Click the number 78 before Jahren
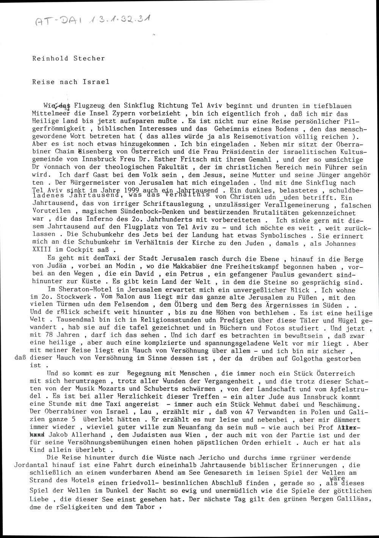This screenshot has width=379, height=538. pos(50,335)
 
